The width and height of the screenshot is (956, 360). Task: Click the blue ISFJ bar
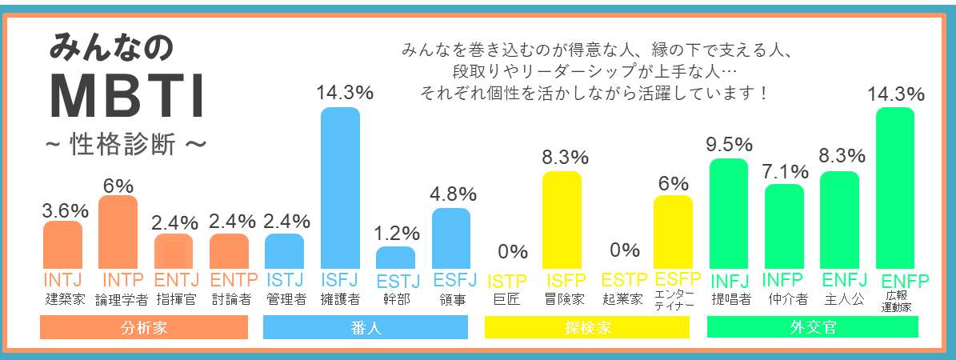click(x=340, y=188)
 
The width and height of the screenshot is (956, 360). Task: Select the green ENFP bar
click(x=895, y=188)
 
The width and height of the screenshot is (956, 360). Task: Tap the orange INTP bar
click(x=118, y=232)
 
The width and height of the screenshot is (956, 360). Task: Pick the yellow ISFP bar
click(x=562, y=220)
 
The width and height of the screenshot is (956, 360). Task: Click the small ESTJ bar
click(x=395, y=258)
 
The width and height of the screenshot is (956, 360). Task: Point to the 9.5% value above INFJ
click(x=730, y=145)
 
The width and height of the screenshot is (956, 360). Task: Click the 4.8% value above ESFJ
click(x=451, y=194)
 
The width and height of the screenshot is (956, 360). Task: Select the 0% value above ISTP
click(x=513, y=251)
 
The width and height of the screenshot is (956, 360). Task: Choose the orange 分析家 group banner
click(x=144, y=327)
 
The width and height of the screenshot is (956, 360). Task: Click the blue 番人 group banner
click(x=366, y=327)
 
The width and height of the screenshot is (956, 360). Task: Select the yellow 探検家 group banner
click(x=587, y=327)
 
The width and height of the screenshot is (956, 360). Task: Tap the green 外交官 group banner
click(x=812, y=327)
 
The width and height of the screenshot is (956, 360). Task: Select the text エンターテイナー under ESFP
click(x=674, y=300)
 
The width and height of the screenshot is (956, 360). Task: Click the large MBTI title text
click(x=128, y=98)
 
